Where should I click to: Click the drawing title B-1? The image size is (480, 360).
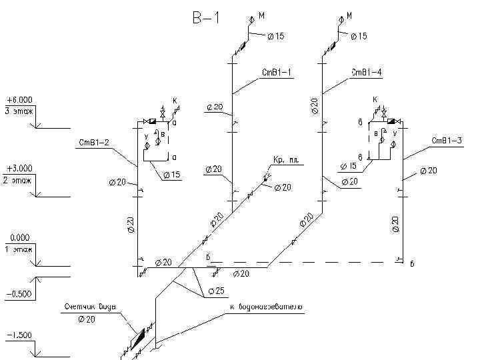click(x=205, y=18)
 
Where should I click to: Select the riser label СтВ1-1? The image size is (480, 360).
click(x=277, y=72)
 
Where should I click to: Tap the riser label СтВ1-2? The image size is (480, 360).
click(x=94, y=143)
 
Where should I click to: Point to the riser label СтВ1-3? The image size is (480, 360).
click(x=447, y=140)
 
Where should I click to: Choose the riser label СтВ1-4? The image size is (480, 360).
click(x=367, y=72)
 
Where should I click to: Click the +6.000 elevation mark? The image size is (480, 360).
click(x=19, y=100)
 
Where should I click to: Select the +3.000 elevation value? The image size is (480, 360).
click(x=19, y=169)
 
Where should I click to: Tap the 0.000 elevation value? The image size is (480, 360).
click(x=20, y=237)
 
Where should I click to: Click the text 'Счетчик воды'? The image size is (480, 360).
click(x=91, y=307)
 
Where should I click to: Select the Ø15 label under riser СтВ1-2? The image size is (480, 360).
click(x=171, y=175)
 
